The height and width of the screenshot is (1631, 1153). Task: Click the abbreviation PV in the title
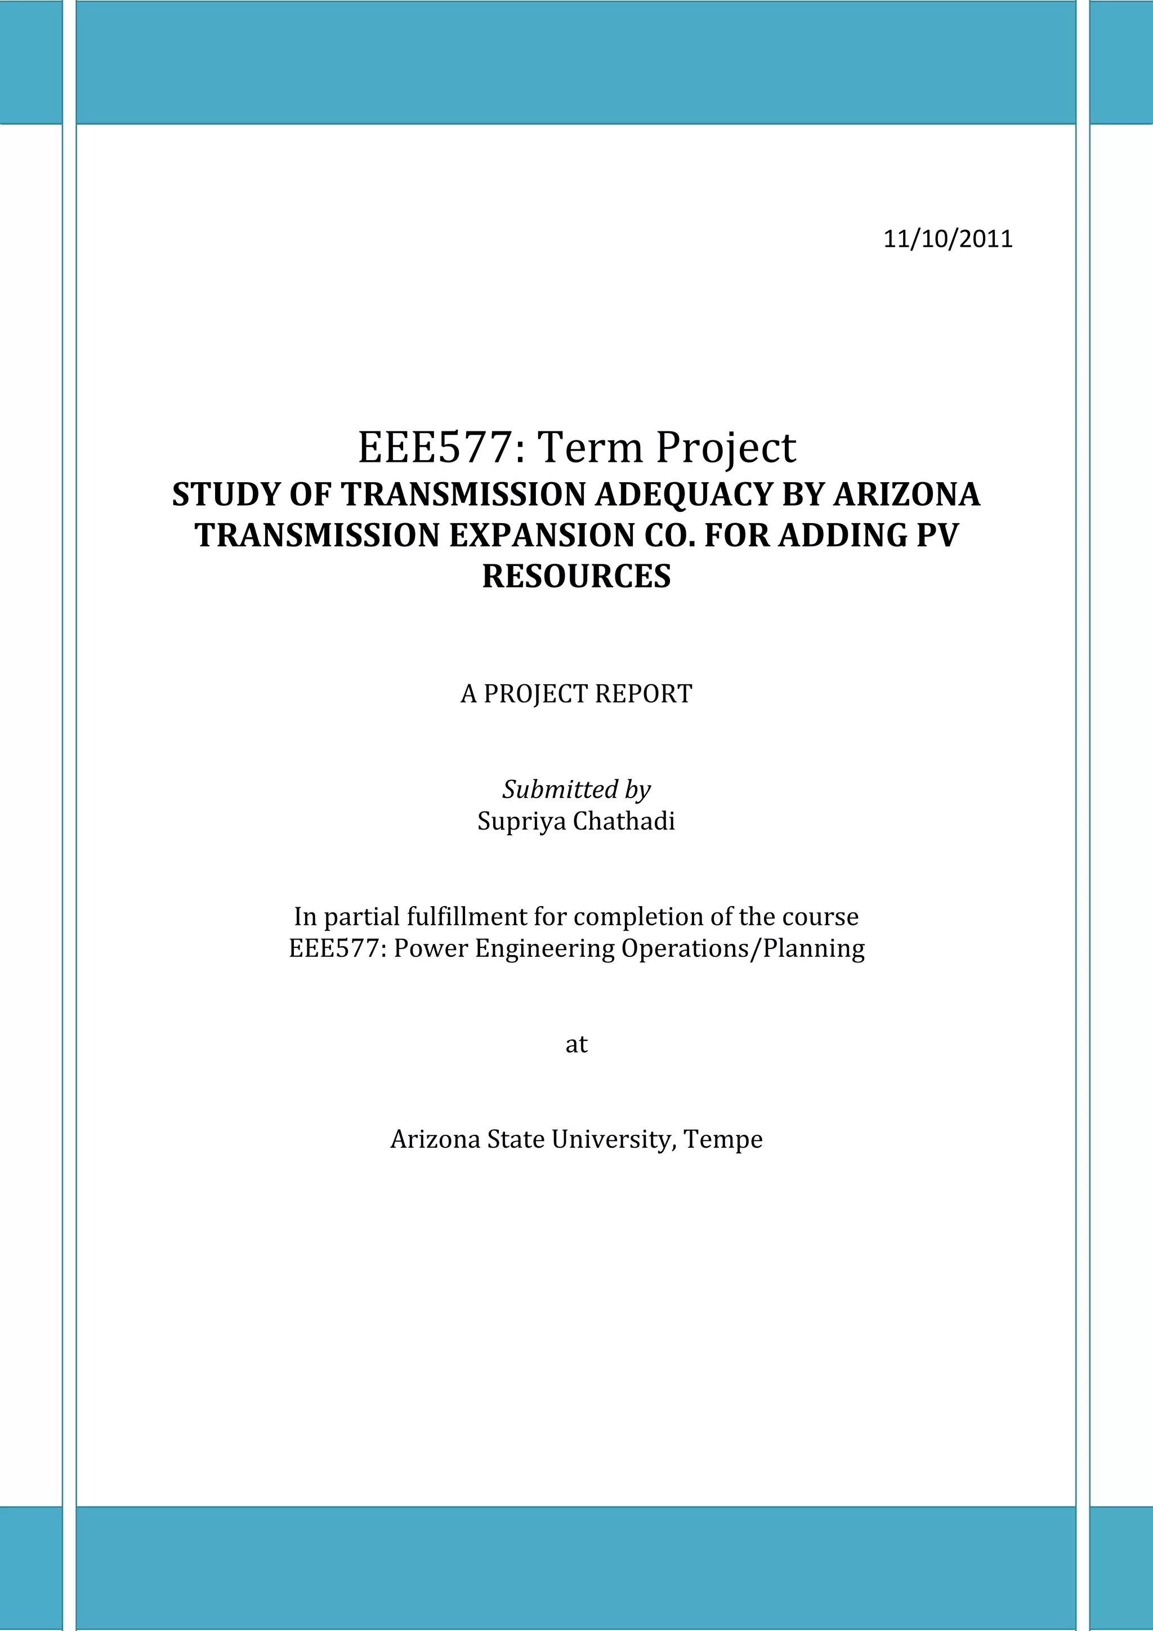(937, 535)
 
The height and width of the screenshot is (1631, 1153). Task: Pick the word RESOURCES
(576, 576)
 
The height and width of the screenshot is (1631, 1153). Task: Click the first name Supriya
(521, 821)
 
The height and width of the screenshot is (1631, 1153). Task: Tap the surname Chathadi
(624, 821)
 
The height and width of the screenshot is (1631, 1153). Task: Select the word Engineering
(544, 948)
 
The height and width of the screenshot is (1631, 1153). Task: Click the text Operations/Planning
(743, 948)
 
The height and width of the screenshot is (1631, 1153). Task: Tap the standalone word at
(576, 1044)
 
